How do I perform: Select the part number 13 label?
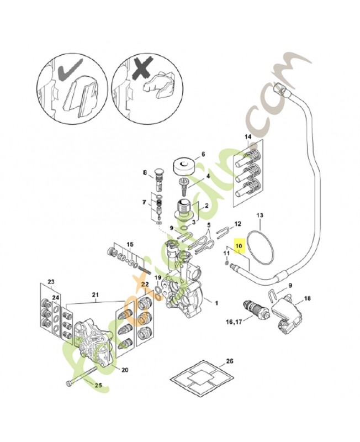tap(261, 215)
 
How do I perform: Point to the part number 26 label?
tap(230, 361)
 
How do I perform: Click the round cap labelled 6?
tap(183, 165)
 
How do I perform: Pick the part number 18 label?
tap(308, 298)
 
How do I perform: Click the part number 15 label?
tap(130, 244)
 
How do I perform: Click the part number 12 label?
tap(238, 224)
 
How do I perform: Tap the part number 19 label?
tap(157, 277)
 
